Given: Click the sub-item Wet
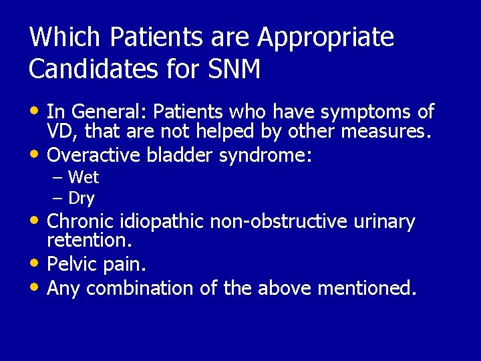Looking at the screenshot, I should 84,178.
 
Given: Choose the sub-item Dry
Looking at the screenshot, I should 82,199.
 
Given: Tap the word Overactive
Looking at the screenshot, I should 94,155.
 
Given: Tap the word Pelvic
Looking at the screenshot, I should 72,265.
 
